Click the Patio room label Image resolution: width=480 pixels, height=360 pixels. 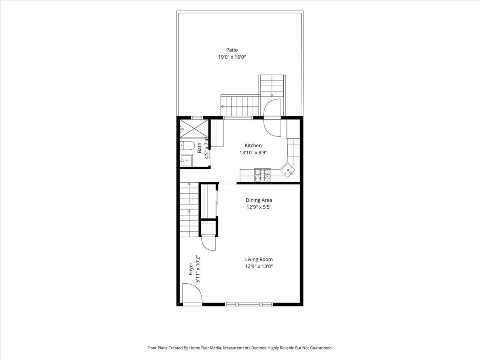tap(232, 50)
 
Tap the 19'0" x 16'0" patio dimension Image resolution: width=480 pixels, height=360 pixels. tap(232, 57)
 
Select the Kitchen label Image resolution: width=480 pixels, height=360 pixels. tap(253, 146)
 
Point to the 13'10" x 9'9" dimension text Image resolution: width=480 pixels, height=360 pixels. tap(253, 152)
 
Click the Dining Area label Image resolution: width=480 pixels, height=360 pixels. tap(259, 200)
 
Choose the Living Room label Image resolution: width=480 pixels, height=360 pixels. tap(259, 260)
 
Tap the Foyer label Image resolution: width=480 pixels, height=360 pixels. tap(191, 269)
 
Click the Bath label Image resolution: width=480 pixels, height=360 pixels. tap(200, 148)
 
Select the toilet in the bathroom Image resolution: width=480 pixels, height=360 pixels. tap(188, 145)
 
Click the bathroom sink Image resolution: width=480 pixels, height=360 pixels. tap(186, 160)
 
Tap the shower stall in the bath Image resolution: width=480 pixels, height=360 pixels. tap(194, 129)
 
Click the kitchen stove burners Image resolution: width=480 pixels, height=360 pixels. tap(263, 175)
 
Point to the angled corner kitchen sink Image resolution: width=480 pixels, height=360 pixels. tap(288, 170)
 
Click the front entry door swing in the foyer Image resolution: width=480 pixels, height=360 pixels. tap(192, 293)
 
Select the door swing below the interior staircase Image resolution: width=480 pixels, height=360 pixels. tap(208, 244)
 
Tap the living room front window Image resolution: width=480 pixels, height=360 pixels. tap(249, 304)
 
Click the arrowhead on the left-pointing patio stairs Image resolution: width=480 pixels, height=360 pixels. tap(222, 106)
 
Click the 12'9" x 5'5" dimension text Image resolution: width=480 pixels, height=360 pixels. tap(259, 207)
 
